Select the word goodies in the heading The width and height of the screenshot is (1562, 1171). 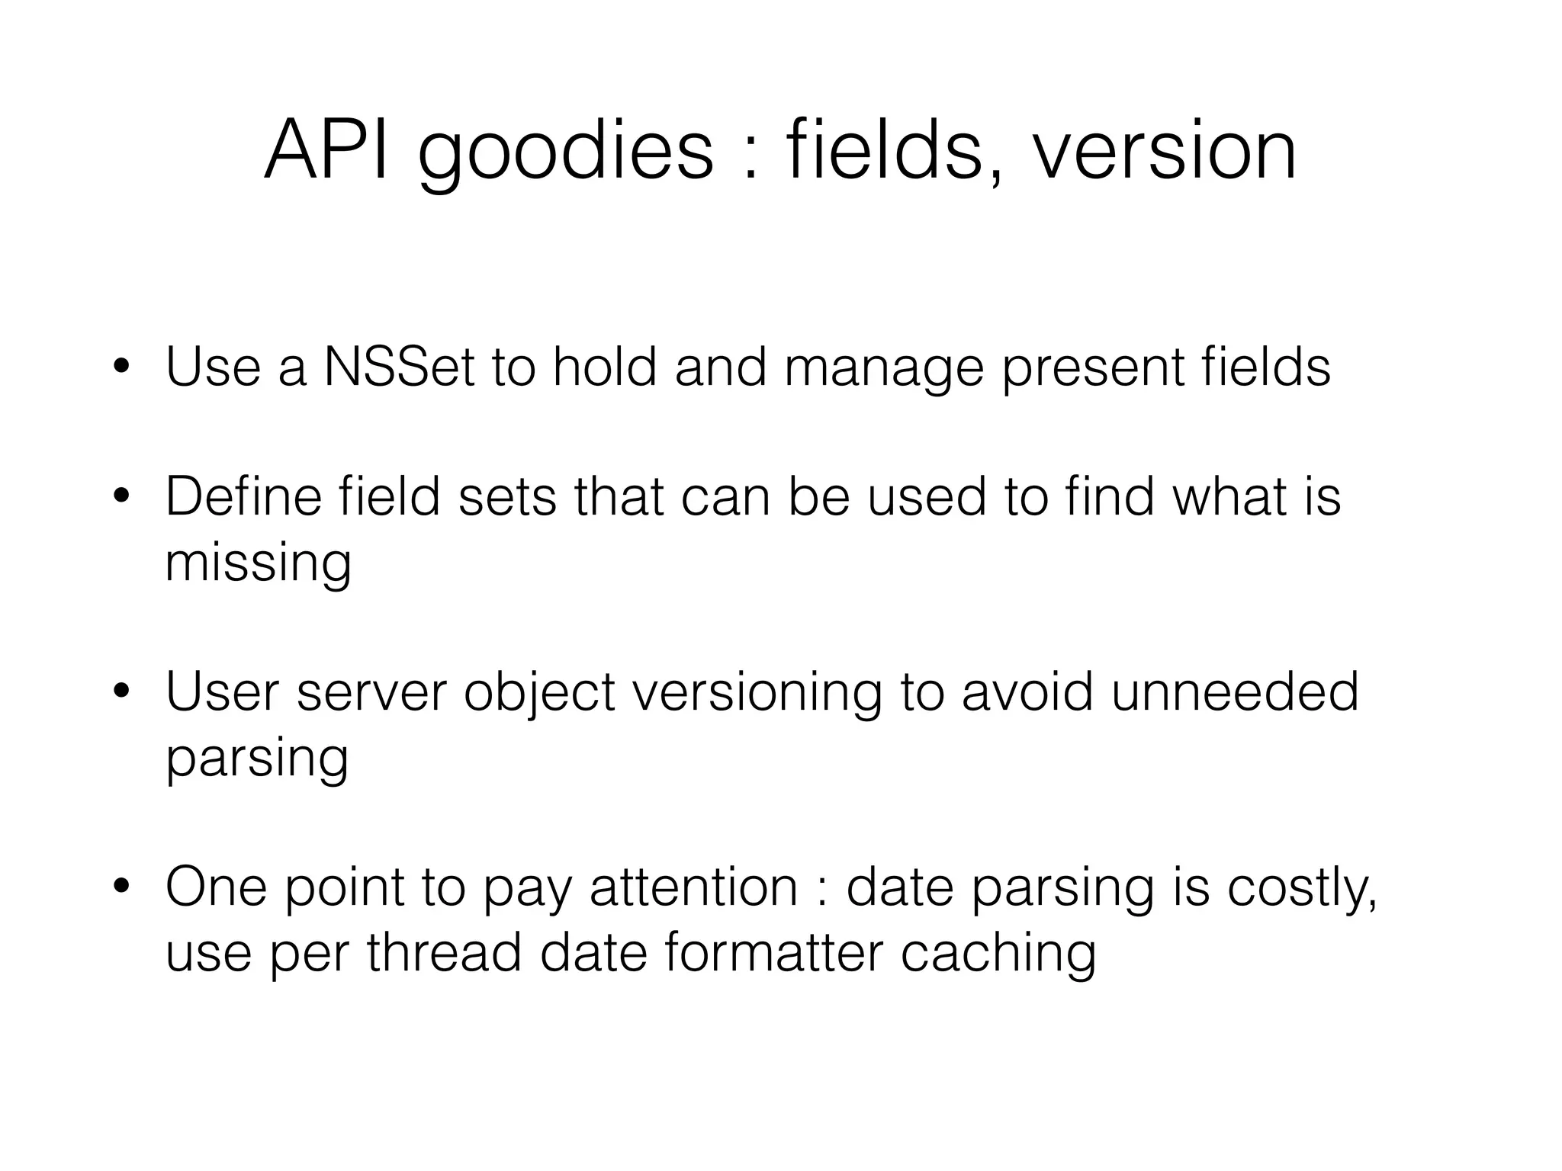pyautogui.click(x=565, y=152)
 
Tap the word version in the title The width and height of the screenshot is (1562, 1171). pyautogui.click(x=1164, y=151)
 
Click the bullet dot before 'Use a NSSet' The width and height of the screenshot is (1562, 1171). pyautogui.click(x=121, y=368)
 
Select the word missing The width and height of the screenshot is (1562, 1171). pyautogui.click(x=259, y=564)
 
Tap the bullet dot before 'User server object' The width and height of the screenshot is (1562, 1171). pyautogui.click(x=121, y=693)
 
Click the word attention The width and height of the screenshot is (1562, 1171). pyautogui.click(x=693, y=887)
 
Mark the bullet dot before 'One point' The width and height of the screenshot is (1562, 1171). pyautogui.click(x=121, y=888)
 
